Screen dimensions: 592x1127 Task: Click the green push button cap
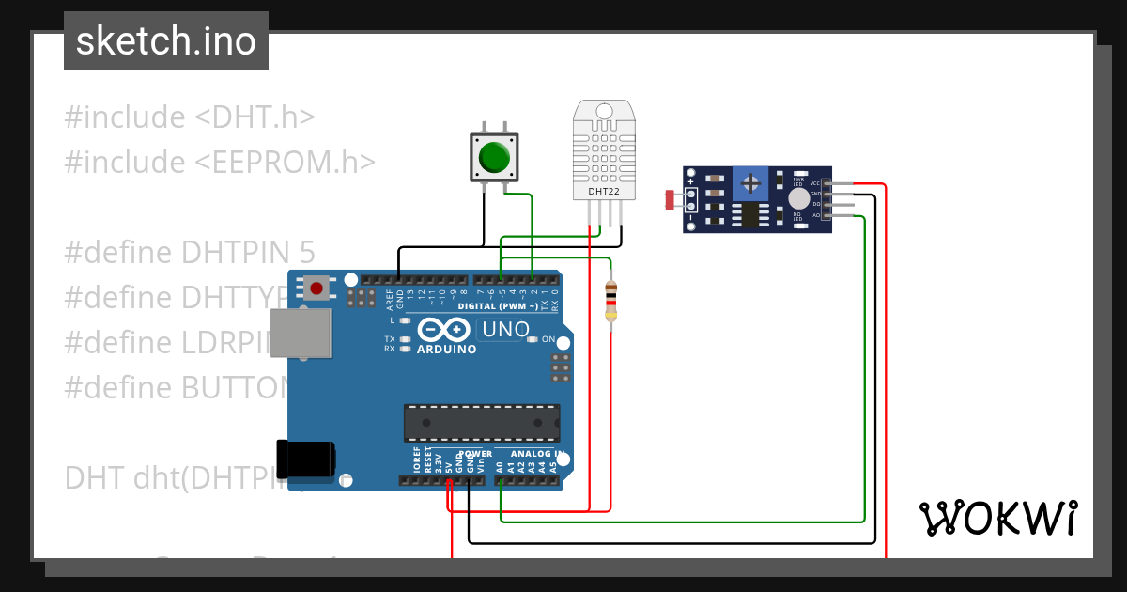(x=493, y=157)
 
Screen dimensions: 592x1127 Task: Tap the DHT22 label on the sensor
(x=603, y=192)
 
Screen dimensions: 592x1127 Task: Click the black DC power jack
(x=305, y=458)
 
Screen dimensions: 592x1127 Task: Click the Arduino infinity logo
(x=442, y=331)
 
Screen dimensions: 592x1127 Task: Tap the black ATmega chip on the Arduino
(x=482, y=423)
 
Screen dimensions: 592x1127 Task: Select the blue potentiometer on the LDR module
(x=750, y=181)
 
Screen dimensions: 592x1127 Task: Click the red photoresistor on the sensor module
(x=670, y=199)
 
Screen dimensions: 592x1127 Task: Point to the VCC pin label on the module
(x=815, y=183)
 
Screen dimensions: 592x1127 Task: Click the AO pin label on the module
(x=815, y=215)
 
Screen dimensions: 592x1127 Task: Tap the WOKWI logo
(x=997, y=518)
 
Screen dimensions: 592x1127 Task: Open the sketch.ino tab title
(x=166, y=41)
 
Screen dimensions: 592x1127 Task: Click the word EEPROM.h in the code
(x=286, y=162)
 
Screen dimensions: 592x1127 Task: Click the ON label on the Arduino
(x=548, y=339)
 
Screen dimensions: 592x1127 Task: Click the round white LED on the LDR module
(x=798, y=198)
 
